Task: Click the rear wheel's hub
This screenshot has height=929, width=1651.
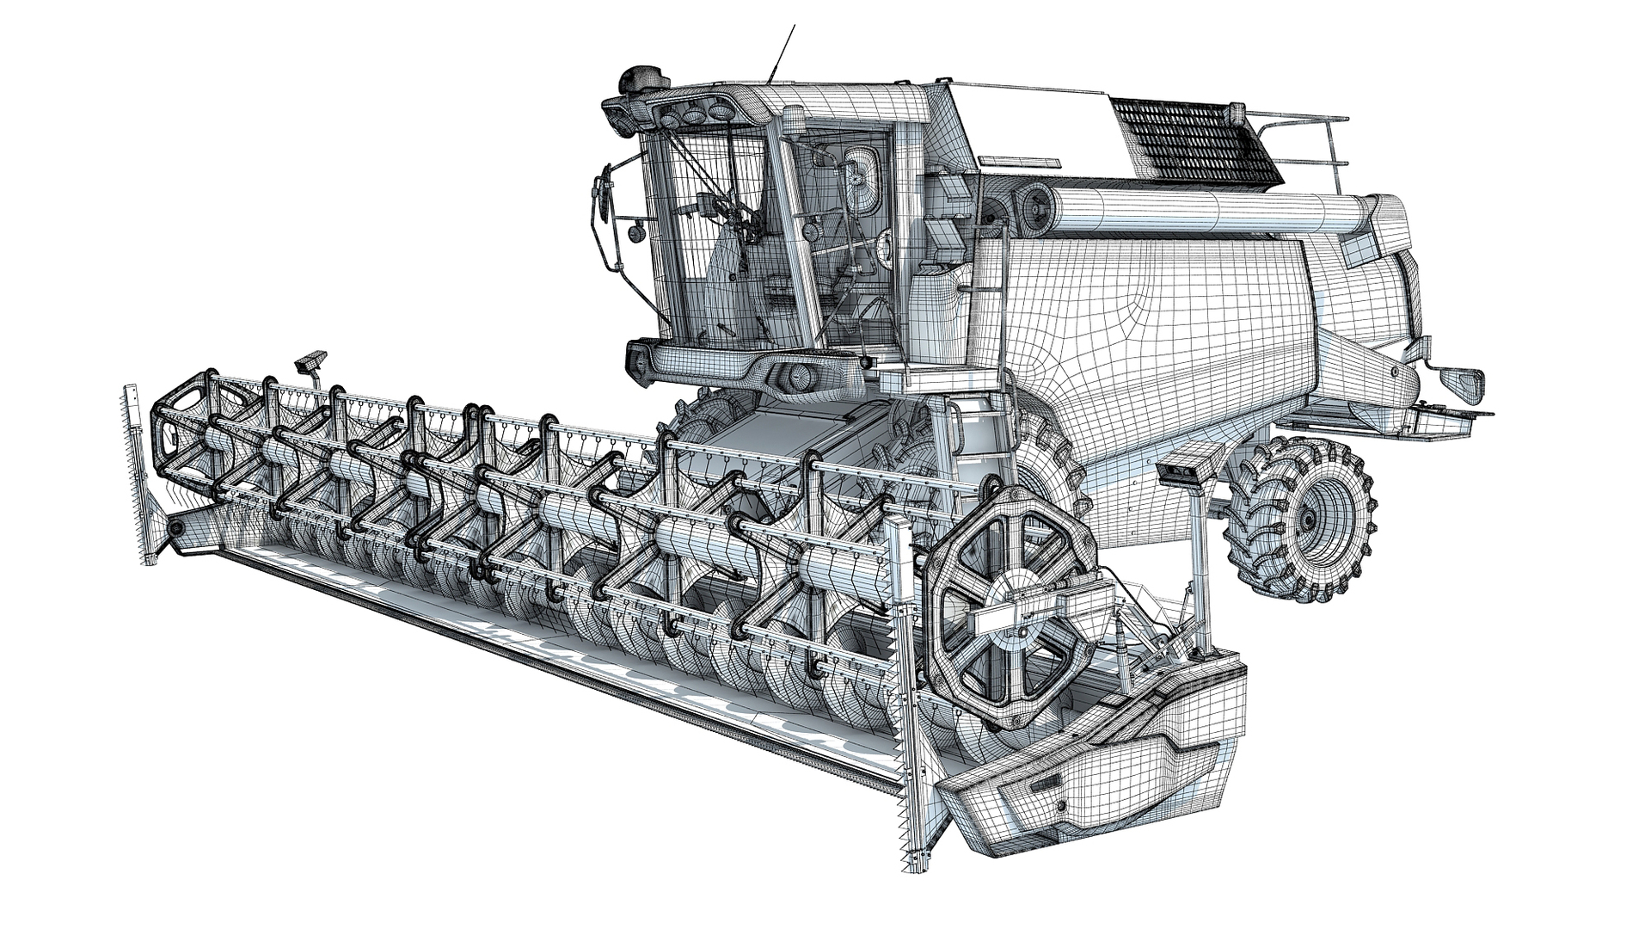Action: (x=1310, y=520)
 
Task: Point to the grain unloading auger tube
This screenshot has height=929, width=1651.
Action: (x=1204, y=212)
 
